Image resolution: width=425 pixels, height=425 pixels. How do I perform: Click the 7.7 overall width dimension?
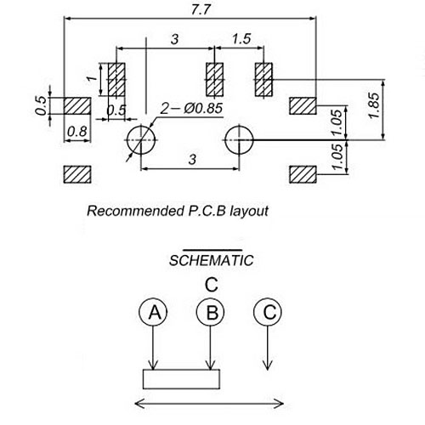pos(201,10)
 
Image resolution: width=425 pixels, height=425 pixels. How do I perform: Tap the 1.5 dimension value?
pos(241,39)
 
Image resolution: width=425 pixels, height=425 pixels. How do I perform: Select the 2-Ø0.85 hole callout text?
pos(191,108)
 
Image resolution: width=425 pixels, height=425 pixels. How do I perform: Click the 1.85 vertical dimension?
pos(374,105)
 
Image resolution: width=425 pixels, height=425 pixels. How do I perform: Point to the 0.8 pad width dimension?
pos(77,132)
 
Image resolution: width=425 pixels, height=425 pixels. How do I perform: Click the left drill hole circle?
pos(141,140)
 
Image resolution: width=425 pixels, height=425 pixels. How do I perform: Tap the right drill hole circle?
pos(239,140)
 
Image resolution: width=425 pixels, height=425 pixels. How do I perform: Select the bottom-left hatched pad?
pos(77,174)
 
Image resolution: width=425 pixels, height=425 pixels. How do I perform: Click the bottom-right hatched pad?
pos(303,174)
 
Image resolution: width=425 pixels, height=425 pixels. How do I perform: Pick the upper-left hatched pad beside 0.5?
pos(77,106)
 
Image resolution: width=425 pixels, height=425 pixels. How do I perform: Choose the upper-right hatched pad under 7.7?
pos(303,105)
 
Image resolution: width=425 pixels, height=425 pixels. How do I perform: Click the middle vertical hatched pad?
pos(214,80)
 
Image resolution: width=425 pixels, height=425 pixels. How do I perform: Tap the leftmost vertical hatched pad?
pos(116,80)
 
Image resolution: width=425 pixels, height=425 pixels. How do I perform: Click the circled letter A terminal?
pos(153,312)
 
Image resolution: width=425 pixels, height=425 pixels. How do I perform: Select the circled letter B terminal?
pos(210,312)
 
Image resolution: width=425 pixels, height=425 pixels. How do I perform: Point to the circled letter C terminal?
pos(268,312)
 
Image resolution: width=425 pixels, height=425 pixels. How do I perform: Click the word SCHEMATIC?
pos(211,260)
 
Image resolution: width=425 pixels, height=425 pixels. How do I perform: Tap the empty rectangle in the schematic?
pos(181,379)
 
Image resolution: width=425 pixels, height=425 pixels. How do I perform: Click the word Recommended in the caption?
pos(135,211)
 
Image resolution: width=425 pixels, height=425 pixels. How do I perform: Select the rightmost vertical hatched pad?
pos(263,80)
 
